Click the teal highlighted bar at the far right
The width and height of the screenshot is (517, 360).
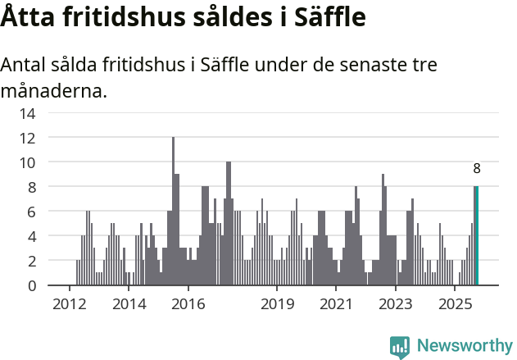(477, 236)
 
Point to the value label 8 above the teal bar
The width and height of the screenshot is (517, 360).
(477, 169)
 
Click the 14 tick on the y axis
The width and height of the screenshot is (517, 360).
(27, 113)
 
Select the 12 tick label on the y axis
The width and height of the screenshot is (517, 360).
(27, 138)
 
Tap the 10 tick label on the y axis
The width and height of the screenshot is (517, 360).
(27, 162)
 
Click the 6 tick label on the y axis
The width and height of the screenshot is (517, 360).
(30, 212)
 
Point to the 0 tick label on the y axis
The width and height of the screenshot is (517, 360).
(30, 285)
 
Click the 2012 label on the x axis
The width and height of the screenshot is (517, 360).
(69, 304)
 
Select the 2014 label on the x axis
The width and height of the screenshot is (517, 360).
(129, 304)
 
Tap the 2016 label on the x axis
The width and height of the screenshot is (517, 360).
(188, 304)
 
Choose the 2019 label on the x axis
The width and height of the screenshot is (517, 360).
(277, 304)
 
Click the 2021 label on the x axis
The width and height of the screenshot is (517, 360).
(336, 304)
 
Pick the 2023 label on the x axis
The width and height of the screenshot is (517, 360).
(396, 304)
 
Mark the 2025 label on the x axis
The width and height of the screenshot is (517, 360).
(455, 304)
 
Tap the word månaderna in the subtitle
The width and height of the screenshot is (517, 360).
(54, 90)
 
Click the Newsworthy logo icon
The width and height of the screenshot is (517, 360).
(400, 347)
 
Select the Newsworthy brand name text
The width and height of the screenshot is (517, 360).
(464, 347)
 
